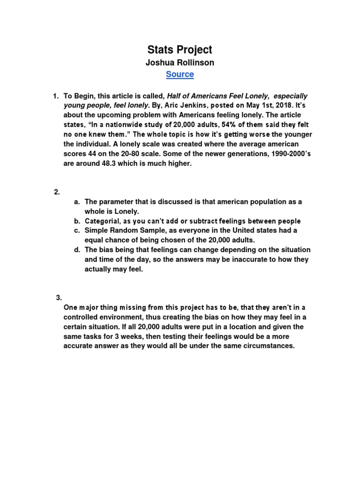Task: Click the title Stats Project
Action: [180, 49]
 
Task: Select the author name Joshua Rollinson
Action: [180, 62]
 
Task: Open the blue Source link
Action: [180, 75]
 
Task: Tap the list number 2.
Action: [57, 192]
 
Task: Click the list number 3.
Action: [59, 297]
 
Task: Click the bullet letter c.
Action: [76, 231]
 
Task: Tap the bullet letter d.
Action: [76, 250]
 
